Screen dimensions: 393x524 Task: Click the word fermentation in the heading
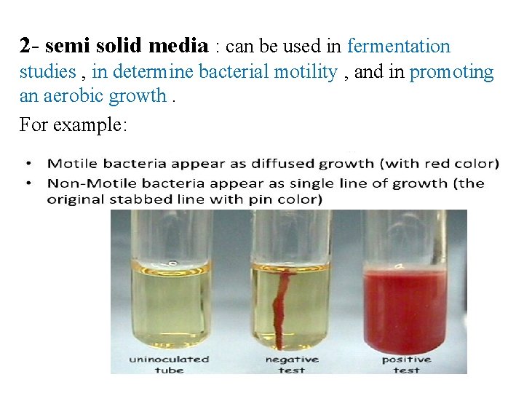[399, 47]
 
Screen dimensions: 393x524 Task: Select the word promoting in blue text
[452, 71]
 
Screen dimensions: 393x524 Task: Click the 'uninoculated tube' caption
[170, 364]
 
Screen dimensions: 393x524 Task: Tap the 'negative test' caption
[292, 364]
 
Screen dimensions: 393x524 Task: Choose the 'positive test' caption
[406, 364]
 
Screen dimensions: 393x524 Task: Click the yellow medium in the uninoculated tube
[170, 306]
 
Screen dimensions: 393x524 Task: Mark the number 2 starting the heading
[25, 47]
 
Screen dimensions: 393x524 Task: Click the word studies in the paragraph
[47, 71]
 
